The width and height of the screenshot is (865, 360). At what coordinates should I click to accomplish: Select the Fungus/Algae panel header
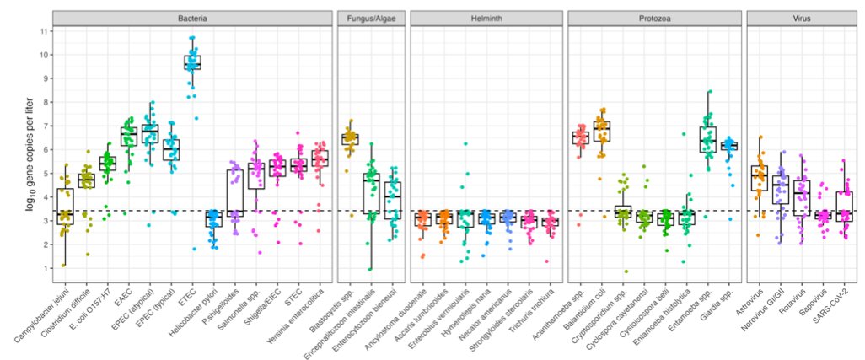tap(369, 17)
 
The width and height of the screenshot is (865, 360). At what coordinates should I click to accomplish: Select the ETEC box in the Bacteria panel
tap(192, 62)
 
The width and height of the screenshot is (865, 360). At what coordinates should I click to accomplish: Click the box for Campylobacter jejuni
tap(64, 207)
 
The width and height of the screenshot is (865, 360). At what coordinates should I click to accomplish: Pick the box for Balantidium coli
tap(602, 132)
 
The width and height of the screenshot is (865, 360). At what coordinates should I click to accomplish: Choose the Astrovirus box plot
tap(759, 177)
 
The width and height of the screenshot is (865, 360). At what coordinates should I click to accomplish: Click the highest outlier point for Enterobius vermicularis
tap(465, 143)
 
